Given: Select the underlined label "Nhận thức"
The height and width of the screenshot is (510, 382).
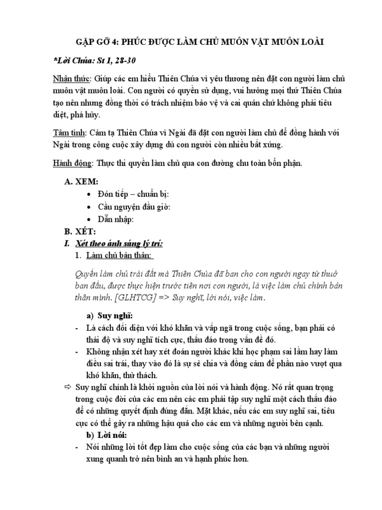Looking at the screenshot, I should pos(71,79).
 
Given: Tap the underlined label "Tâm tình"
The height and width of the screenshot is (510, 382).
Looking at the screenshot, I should pos(69,133).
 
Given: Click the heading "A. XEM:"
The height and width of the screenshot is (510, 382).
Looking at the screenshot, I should pos(82,183).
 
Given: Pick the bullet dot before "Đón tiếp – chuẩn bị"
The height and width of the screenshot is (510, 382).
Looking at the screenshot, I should pos(89,195).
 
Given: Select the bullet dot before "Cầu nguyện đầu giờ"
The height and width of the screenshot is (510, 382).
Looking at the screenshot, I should pos(89,207).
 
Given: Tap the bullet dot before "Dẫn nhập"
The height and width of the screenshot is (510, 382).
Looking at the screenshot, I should pos(89,219).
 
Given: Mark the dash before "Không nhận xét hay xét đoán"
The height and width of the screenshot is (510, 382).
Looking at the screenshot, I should pos(76,352).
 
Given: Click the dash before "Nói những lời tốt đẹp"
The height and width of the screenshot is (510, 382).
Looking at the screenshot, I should pos(76,447).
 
